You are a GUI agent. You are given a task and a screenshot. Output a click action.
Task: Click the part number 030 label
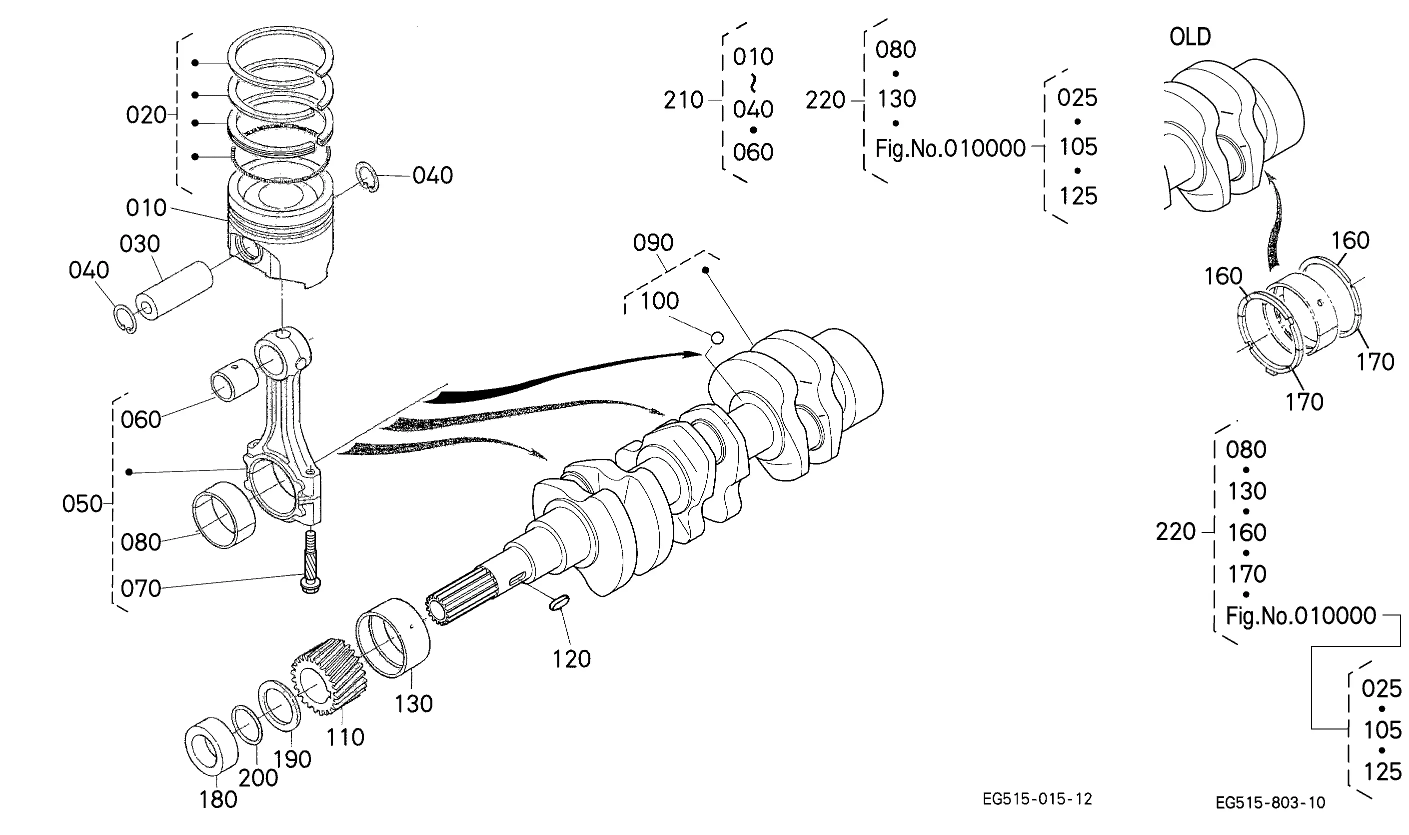[x=139, y=244]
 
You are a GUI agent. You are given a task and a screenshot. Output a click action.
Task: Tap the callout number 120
[x=571, y=659]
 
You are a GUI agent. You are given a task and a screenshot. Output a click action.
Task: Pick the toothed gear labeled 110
[x=329, y=677]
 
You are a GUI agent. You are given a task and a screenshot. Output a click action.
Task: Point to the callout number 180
[x=218, y=799]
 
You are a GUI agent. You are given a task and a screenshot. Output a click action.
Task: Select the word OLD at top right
[x=1190, y=37]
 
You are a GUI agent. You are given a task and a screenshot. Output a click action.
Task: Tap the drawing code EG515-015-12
[x=1037, y=799]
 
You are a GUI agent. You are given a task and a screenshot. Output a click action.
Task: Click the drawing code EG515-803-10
[x=1270, y=802]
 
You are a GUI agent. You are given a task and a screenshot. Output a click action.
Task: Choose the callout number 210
[x=683, y=100]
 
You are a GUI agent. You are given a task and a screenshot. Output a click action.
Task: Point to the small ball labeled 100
[x=717, y=338]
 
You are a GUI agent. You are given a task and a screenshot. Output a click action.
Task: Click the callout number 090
[x=653, y=243]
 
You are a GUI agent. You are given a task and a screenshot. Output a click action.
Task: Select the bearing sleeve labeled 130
[x=392, y=638]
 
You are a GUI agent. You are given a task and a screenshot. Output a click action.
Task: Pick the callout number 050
[x=82, y=504]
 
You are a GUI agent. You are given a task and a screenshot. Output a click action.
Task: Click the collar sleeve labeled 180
[x=211, y=746]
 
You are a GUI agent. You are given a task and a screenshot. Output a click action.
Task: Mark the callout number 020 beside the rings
[x=146, y=115]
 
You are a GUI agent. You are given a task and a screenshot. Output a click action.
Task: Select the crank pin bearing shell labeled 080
[x=223, y=515]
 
